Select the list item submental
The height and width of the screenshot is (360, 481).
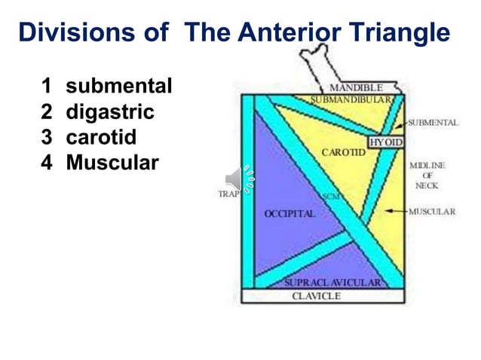(x=119, y=87)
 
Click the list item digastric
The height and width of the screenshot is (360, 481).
(x=110, y=113)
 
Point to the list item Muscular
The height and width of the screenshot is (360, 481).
(x=112, y=163)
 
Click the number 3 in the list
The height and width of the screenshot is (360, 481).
(x=47, y=138)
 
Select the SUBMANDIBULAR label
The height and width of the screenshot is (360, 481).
(x=351, y=99)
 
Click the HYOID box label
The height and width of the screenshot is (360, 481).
(x=385, y=142)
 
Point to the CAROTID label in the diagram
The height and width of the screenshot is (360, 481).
(x=343, y=152)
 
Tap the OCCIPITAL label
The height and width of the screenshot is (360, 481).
(x=289, y=214)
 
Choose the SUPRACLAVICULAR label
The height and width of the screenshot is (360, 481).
(x=332, y=283)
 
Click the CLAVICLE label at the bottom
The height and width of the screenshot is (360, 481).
(x=316, y=296)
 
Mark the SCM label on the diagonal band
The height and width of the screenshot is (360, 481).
(x=330, y=197)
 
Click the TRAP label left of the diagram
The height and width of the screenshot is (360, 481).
(x=228, y=194)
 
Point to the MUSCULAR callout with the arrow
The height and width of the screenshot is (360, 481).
(x=432, y=212)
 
